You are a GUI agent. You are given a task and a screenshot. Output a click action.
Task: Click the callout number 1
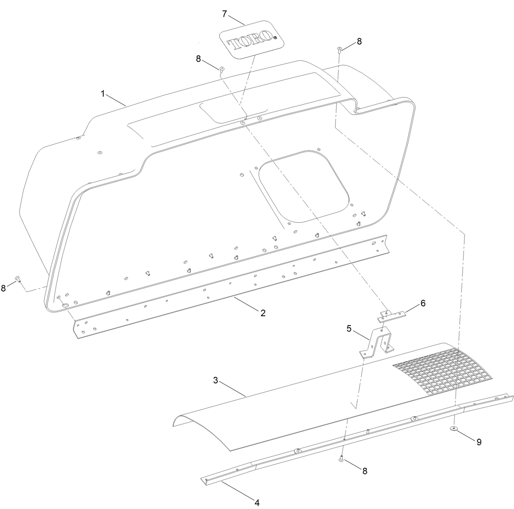(103, 94)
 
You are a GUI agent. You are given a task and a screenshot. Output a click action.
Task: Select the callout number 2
(263, 313)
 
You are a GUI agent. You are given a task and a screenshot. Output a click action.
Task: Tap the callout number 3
(215, 380)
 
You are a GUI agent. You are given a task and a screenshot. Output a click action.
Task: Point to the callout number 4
(257, 502)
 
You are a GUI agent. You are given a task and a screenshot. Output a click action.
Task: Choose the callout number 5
(349, 328)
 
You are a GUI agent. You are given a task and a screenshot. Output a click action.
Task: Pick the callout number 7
(224, 14)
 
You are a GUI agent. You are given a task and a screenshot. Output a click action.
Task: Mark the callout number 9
(479, 442)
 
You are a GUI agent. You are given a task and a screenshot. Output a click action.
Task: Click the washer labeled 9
(454, 428)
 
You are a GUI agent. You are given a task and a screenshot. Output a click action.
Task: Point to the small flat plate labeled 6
(393, 314)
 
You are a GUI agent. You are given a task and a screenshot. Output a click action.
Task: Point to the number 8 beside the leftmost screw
(3, 288)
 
